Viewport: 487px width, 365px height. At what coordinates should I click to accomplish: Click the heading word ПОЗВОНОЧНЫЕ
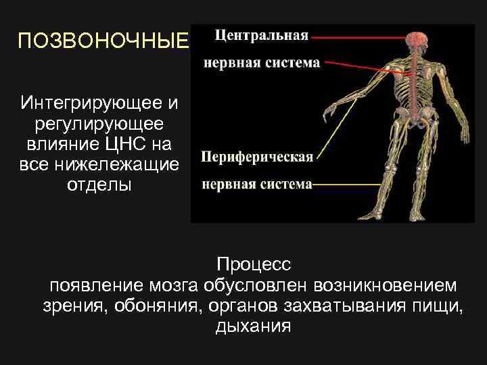(102, 42)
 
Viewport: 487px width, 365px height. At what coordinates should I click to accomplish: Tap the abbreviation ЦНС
(136, 144)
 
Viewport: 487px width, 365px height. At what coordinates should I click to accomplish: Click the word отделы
(99, 185)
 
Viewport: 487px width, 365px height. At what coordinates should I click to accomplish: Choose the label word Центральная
(261, 35)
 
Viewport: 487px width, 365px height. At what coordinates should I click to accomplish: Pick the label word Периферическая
(257, 157)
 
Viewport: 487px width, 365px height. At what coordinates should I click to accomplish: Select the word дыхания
(253, 327)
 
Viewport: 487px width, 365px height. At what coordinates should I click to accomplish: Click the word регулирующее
(99, 124)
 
